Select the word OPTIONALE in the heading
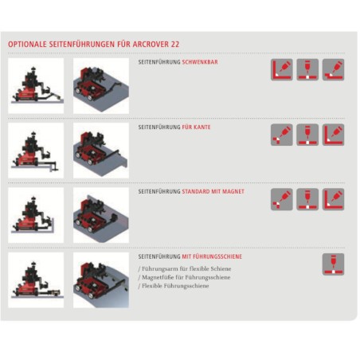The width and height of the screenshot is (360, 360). (x=28, y=45)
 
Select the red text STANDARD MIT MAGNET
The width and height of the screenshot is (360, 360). (x=213, y=191)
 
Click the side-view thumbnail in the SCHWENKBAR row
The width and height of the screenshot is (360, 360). (x=36, y=84)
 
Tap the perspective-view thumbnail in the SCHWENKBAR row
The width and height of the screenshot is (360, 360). (x=100, y=84)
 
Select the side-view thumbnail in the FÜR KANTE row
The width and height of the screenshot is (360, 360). (x=36, y=150)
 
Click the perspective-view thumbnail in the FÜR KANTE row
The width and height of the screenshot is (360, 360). (x=100, y=150)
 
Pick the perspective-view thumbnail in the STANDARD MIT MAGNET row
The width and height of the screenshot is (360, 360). (x=100, y=214)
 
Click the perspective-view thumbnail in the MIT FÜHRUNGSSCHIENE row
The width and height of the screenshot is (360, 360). (x=100, y=280)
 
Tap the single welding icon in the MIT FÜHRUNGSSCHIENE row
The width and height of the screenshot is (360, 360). (x=333, y=264)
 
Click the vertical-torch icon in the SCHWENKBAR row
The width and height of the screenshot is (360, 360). (x=307, y=69)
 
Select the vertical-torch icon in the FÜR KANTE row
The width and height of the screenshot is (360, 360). (x=307, y=135)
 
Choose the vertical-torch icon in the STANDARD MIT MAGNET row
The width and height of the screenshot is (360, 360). (x=307, y=199)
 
